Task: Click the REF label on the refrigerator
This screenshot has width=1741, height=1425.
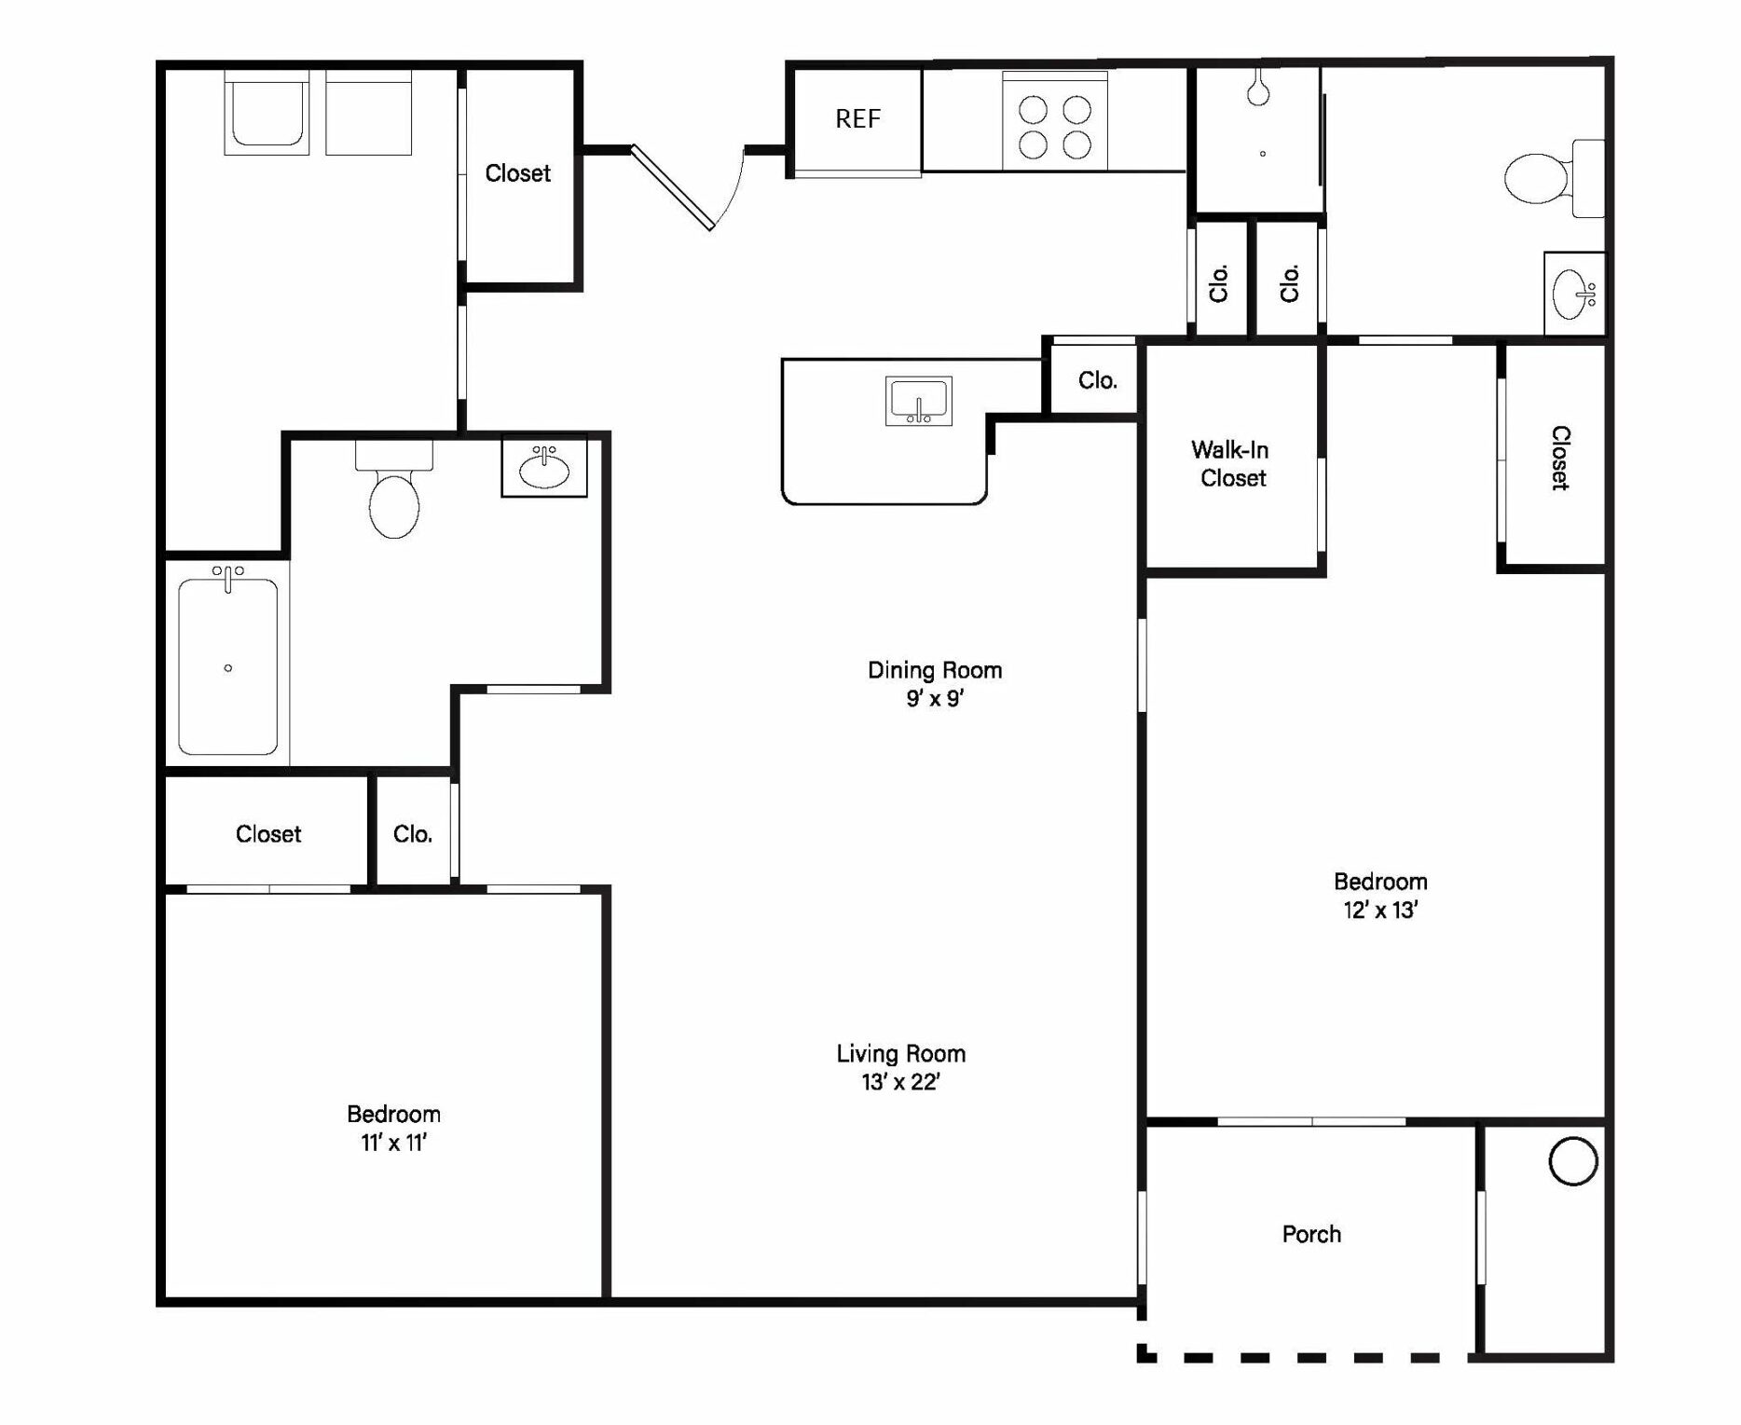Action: (x=857, y=118)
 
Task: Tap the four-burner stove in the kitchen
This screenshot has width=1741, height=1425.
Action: (x=1054, y=121)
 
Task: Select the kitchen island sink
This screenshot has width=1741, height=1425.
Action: (x=918, y=401)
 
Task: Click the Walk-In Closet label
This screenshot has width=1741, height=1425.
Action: (x=1231, y=464)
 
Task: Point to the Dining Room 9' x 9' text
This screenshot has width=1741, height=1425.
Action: (x=935, y=683)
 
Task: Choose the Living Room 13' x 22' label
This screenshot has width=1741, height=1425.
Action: (x=900, y=1067)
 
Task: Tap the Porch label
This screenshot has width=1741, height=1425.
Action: (x=1311, y=1234)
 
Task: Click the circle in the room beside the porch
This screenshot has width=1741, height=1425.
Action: (x=1572, y=1161)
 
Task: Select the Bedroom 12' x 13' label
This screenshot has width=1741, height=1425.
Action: (x=1380, y=896)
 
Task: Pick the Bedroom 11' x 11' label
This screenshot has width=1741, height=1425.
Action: (x=393, y=1128)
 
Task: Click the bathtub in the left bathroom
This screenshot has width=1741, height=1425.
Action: (x=227, y=665)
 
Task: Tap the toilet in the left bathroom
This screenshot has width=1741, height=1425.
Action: (x=394, y=490)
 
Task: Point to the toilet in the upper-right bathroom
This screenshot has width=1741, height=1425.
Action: (x=1555, y=178)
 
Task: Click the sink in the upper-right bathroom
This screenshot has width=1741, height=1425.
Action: (x=1574, y=294)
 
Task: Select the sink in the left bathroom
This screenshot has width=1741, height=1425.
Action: (x=544, y=466)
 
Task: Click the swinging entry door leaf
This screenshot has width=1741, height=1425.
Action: (x=673, y=187)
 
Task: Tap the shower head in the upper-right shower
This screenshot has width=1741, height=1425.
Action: (x=1258, y=86)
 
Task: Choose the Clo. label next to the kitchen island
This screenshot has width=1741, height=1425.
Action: (x=1097, y=380)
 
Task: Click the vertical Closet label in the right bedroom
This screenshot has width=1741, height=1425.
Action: (x=1560, y=458)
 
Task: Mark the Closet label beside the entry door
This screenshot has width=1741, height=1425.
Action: (x=517, y=173)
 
